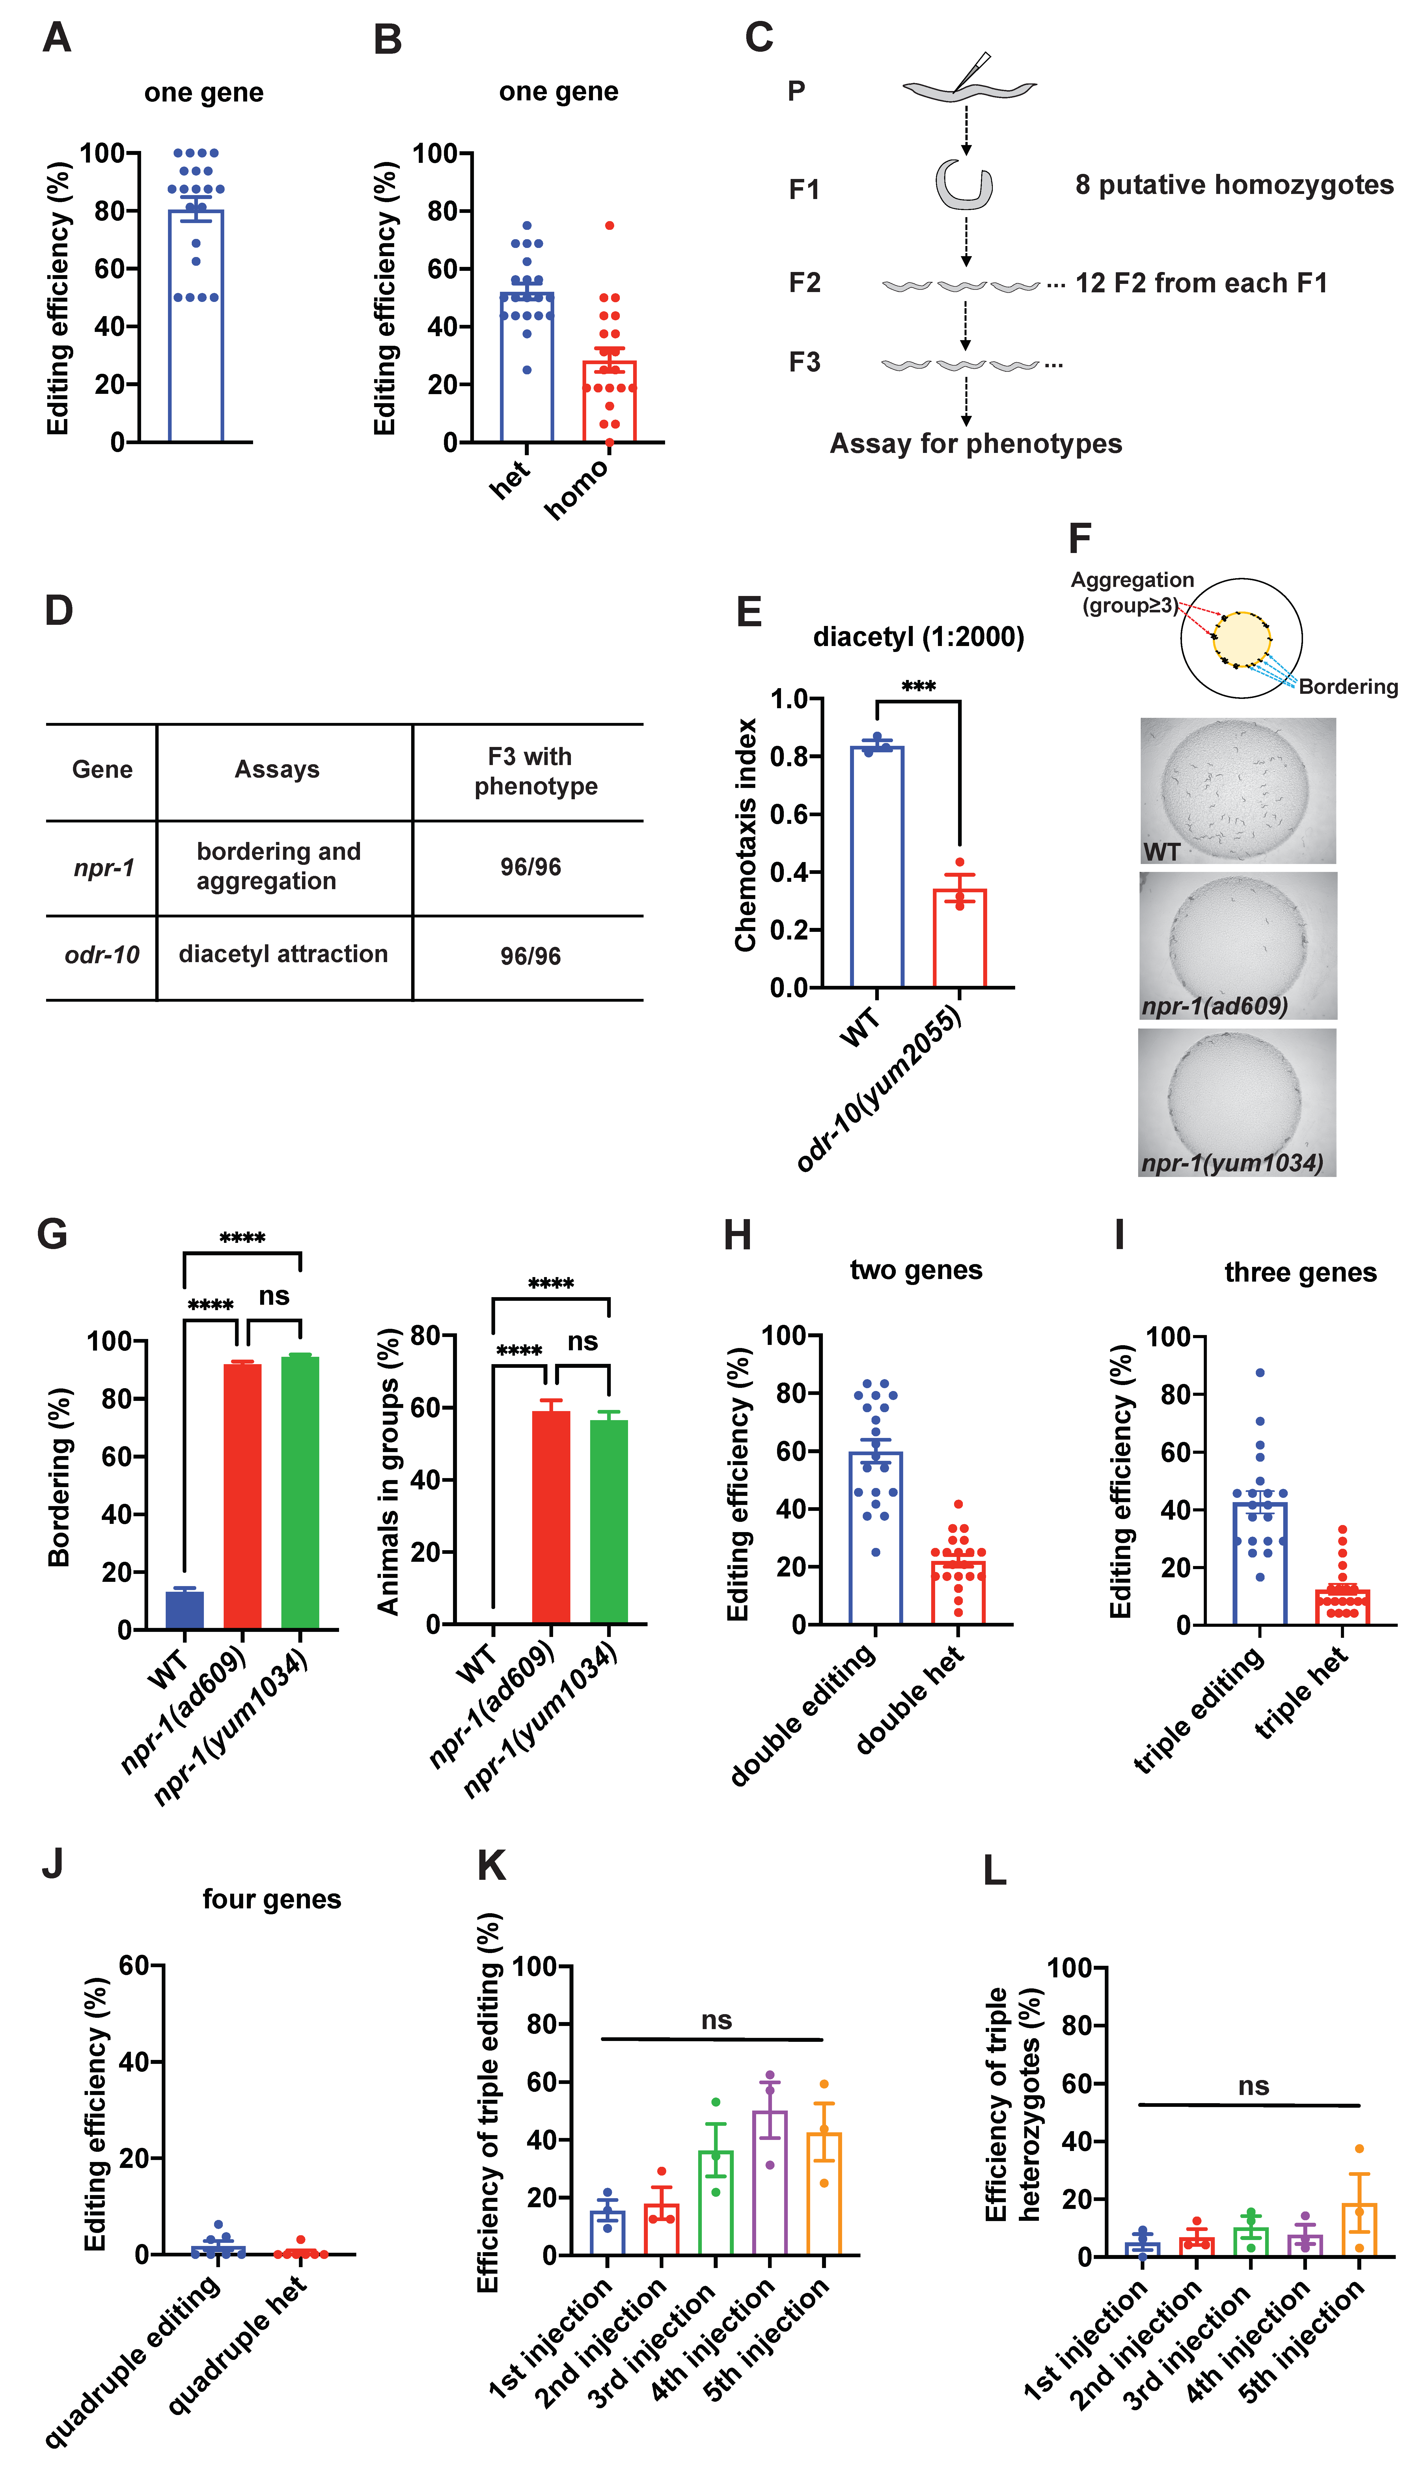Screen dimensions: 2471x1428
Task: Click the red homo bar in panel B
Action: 609,402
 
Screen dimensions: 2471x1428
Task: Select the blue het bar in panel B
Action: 527,368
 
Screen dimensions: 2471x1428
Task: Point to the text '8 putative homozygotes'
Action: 1234,185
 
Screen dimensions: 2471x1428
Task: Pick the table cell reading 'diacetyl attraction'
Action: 283,954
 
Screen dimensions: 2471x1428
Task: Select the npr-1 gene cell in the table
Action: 103,868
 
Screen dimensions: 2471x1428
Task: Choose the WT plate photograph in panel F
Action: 1237,790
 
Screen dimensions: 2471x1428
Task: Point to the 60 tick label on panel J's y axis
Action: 133,1966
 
